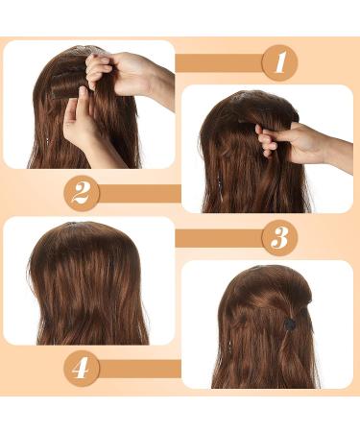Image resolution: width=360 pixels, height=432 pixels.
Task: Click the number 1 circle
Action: coord(279,63)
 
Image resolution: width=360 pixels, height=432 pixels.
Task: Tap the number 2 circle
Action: coord(81,192)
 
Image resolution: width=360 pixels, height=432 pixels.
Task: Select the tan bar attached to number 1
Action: coord(219,63)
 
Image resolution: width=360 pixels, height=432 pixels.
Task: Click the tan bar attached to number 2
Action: coord(139,192)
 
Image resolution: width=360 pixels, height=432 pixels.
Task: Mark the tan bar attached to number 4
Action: coord(139,368)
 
